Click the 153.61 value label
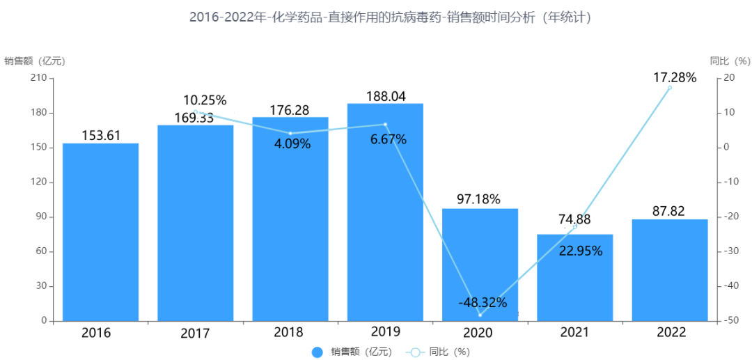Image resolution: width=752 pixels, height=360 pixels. (101, 135)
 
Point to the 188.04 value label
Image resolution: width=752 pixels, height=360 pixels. (385, 96)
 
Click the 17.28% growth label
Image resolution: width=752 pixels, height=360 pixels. (674, 77)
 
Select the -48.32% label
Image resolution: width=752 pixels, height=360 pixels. (483, 303)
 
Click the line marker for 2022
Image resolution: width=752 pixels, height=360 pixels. (670, 88)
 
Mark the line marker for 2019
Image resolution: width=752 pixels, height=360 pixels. (385, 125)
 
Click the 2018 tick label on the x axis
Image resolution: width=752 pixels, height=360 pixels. (290, 332)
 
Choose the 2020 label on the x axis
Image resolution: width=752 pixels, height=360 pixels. (479, 333)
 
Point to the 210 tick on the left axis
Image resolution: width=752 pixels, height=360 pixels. (39, 78)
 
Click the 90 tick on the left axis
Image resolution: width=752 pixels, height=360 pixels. (41, 217)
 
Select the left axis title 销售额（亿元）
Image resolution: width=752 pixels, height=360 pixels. (35, 61)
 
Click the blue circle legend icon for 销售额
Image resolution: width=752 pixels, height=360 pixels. (318, 352)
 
